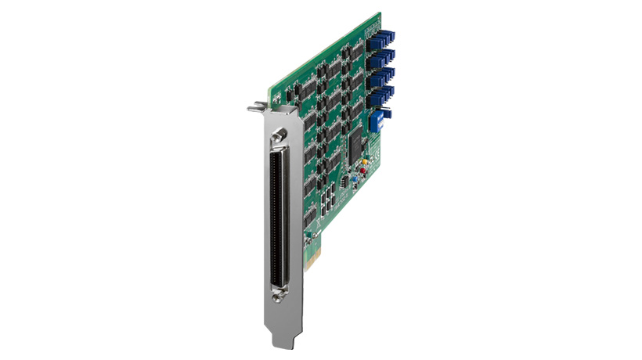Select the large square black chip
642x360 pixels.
click(x=359, y=142)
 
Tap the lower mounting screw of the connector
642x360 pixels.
click(x=276, y=295)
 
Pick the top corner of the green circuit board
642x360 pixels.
click(x=379, y=14)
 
